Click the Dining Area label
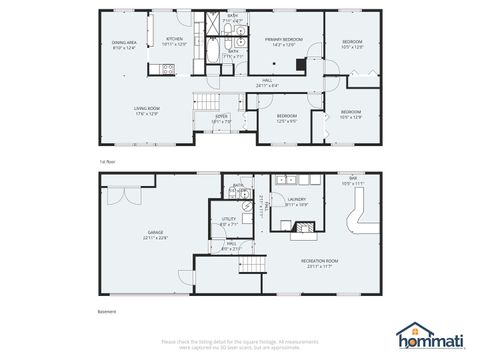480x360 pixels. (124, 45)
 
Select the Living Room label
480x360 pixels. (147, 111)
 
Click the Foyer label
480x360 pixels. (221, 118)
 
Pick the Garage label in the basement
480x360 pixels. (155, 236)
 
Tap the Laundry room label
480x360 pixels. (296, 201)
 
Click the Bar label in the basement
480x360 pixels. (353, 182)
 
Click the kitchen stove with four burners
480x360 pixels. (168, 69)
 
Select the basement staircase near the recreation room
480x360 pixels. (254, 264)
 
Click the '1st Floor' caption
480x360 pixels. (106, 160)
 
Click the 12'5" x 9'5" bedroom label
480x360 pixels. (286, 118)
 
